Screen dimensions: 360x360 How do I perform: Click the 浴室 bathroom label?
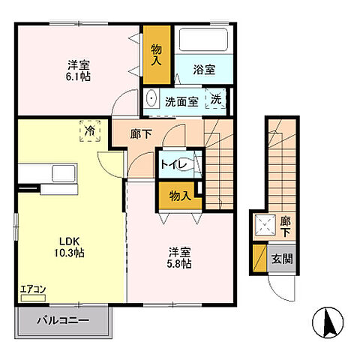click(x=203, y=70)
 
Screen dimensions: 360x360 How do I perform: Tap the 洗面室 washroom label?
click(x=182, y=100)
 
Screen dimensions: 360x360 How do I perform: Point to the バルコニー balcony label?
click(x=64, y=321)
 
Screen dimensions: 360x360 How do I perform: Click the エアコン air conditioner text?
click(x=33, y=287)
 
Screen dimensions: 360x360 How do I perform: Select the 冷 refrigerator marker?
click(x=90, y=132)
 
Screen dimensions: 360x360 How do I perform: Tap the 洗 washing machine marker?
click(x=215, y=99)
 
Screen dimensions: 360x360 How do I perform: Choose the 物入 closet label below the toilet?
click(x=179, y=196)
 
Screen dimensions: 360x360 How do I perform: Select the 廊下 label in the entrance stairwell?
click(x=285, y=226)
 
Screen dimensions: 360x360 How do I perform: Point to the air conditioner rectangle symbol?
click(x=33, y=298)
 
